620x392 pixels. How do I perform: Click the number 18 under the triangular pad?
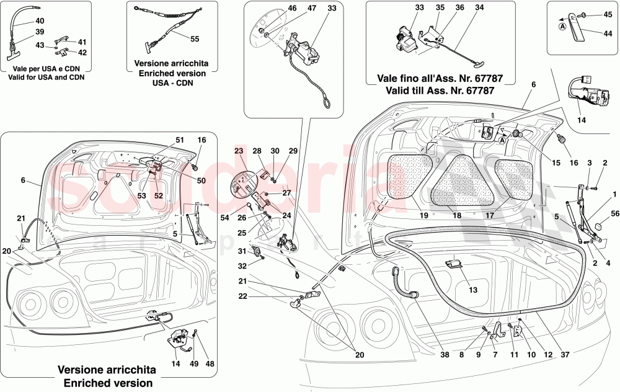point(457,216)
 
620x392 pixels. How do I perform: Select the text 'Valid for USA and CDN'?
point(46,78)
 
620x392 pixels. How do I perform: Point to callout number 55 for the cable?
point(195,38)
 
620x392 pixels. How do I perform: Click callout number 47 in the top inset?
point(311,9)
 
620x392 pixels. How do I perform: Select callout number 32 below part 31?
point(241,265)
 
